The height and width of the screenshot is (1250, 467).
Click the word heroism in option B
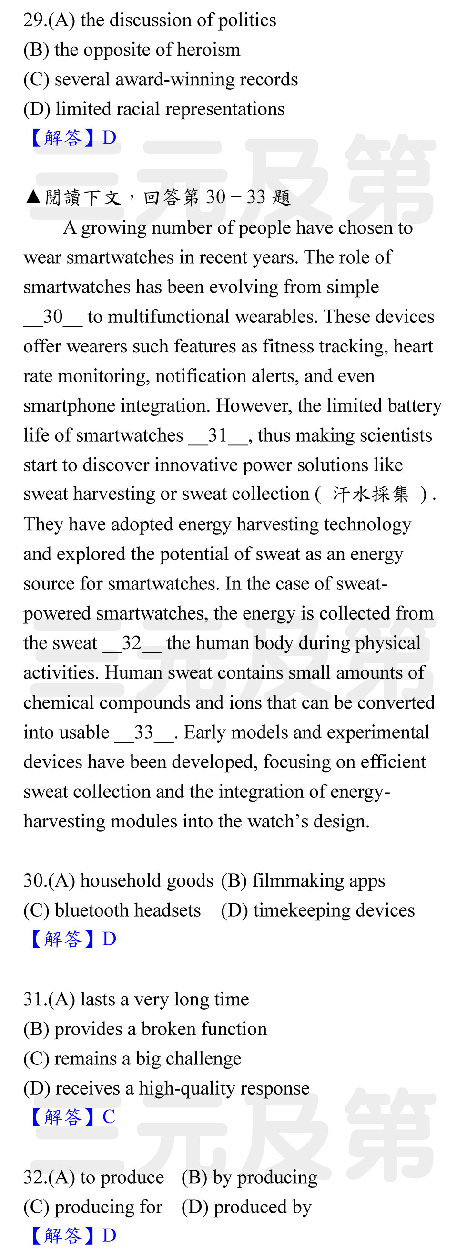pyautogui.click(x=209, y=50)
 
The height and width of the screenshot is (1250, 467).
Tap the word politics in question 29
pyautogui.click(x=247, y=21)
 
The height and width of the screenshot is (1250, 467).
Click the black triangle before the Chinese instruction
pyautogui.click(x=33, y=196)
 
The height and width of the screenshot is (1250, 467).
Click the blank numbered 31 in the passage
pyautogui.click(x=218, y=436)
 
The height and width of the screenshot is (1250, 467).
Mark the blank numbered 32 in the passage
pyautogui.click(x=132, y=643)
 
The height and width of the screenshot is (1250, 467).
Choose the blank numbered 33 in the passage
pyautogui.click(x=143, y=733)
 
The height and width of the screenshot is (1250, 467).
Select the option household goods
pyautogui.click(x=146, y=881)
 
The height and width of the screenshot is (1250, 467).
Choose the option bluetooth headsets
pyautogui.click(x=127, y=910)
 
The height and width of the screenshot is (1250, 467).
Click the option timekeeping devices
pyautogui.click(x=334, y=910)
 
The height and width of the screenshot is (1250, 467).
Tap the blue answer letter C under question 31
pyautogui.click(x=109, y=1117)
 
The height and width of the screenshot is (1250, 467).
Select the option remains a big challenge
pyautogui.click(x=147, y=1059)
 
